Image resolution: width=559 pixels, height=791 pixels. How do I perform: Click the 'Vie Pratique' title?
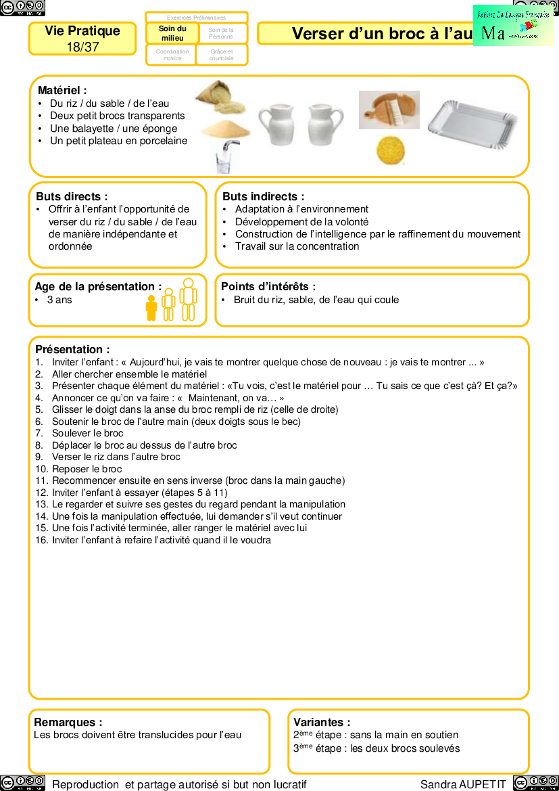82,31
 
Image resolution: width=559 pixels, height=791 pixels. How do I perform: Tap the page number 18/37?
82,47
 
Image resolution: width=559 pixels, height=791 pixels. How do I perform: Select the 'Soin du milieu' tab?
172,33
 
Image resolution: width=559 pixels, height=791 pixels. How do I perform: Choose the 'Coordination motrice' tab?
172,55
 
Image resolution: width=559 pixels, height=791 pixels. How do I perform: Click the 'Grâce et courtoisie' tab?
221,55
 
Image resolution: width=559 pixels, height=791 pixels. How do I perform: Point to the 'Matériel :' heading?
62,90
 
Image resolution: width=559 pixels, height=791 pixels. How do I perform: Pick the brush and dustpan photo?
389,110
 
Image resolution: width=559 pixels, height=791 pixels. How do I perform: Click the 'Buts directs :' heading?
72,196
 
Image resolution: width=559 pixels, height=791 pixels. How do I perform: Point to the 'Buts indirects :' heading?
263,196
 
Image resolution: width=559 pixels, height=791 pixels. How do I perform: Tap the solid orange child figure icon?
151,308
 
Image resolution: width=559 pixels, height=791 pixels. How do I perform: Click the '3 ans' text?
59,300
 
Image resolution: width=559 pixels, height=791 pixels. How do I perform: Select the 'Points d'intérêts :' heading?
268,287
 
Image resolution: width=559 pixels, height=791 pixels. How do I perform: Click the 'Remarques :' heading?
68,723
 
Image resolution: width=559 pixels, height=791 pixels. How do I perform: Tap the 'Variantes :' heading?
322,723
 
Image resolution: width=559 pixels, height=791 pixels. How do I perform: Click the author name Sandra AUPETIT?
463,784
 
